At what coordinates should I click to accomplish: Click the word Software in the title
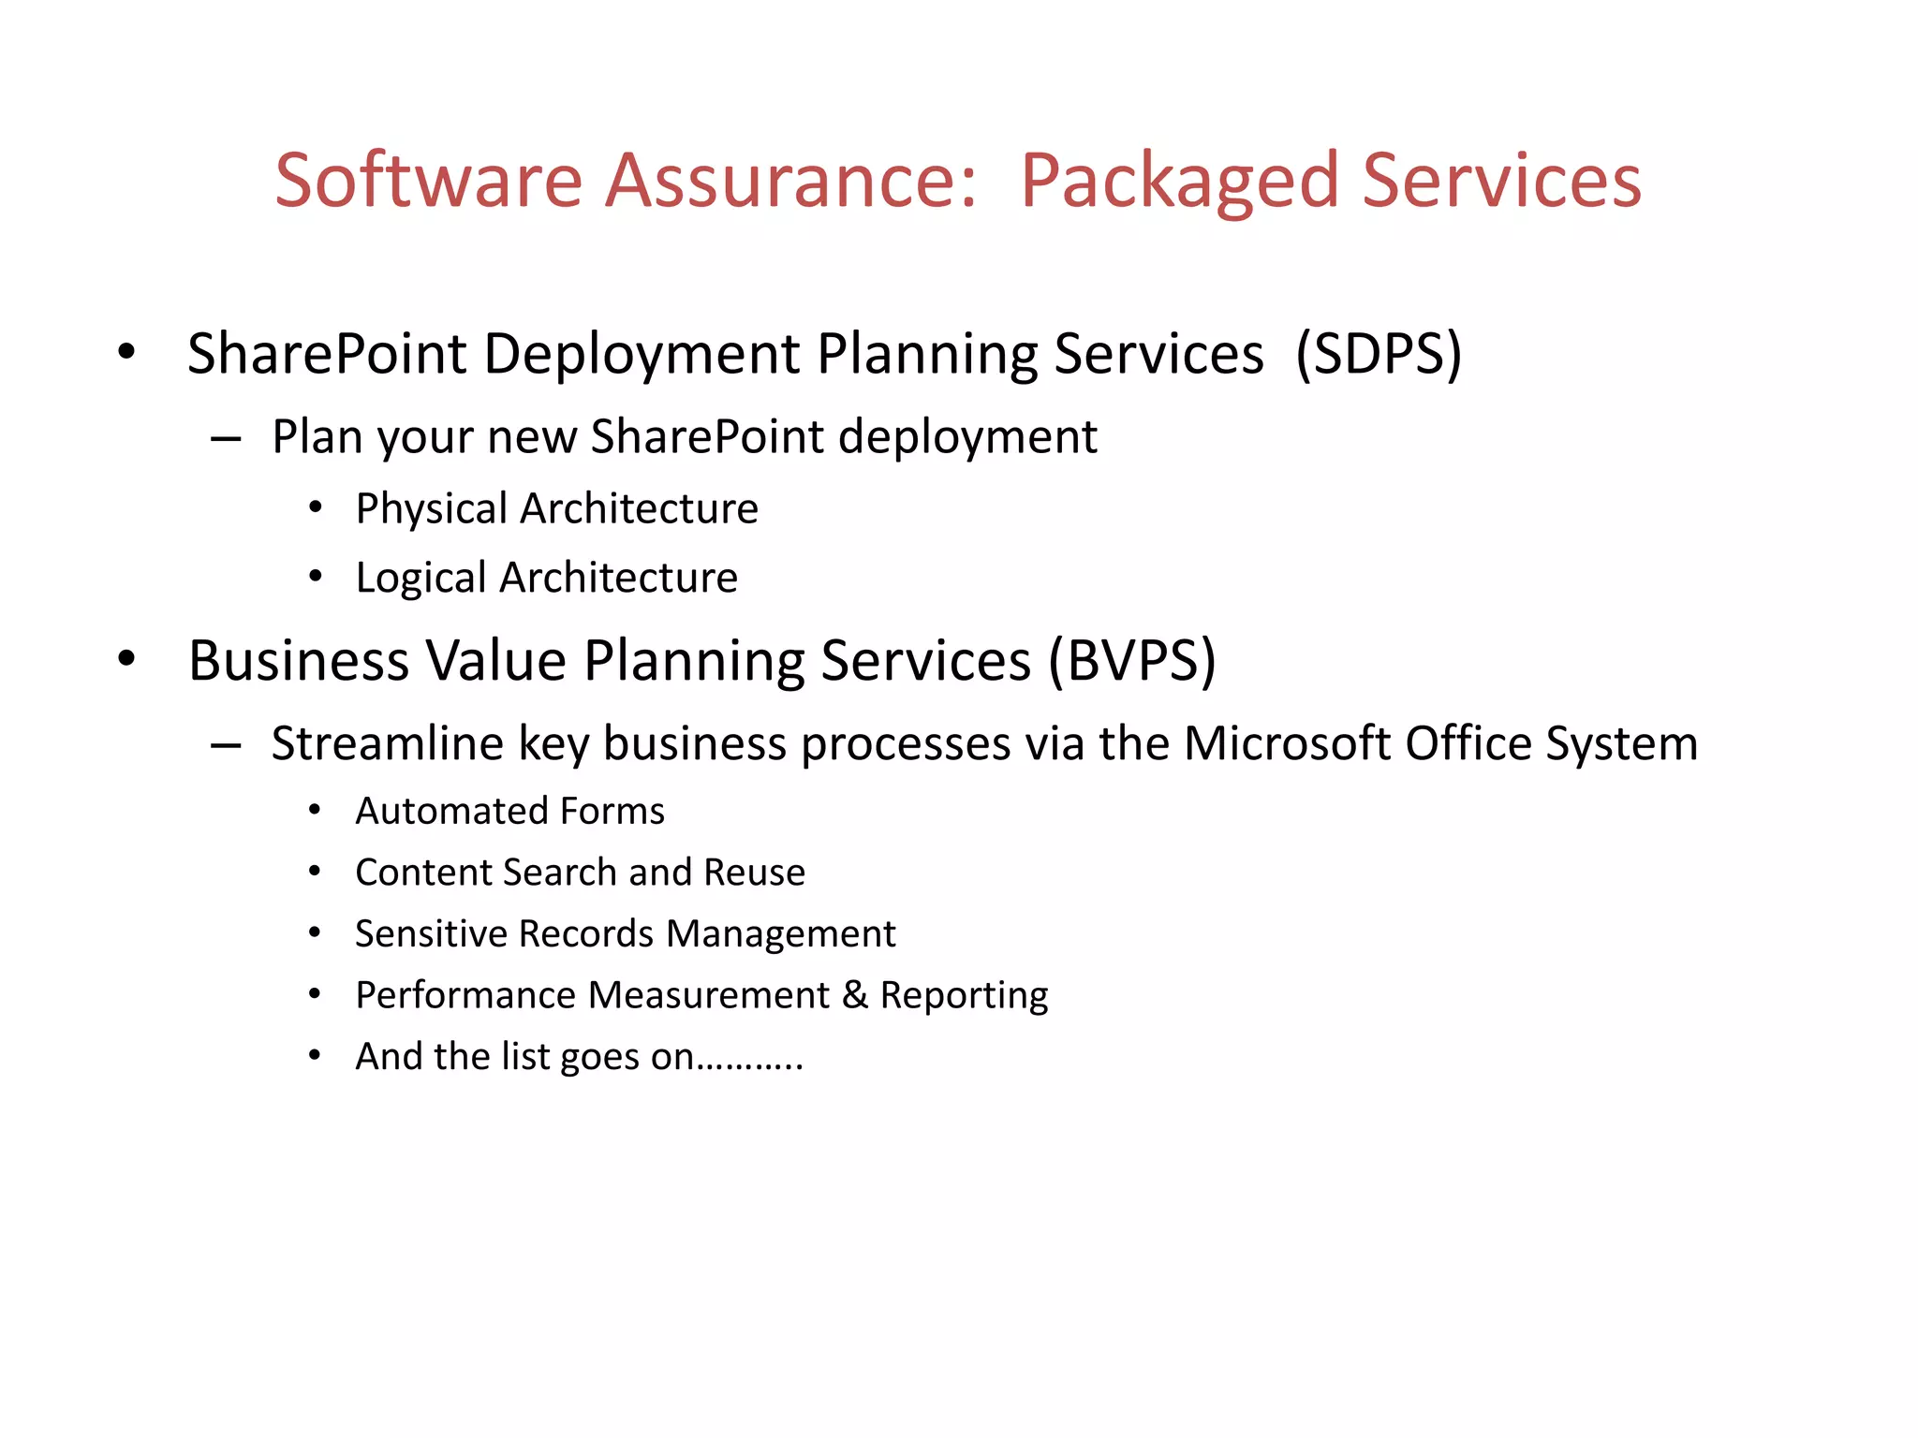(x=428, y=180)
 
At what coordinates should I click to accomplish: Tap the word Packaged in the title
(x=1179, y=180)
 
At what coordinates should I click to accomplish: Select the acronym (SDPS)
(x=1378, y=354)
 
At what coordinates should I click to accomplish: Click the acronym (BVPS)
(x=1131, y=661)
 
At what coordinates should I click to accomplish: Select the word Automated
(x=443, y=811)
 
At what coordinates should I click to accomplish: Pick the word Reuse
(x=754, y=873)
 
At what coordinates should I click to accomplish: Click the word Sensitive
(x=431, y=933)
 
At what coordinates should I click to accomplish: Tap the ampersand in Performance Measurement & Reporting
(x=854, y=995)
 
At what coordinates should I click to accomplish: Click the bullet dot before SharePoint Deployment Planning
(x=126, y=354)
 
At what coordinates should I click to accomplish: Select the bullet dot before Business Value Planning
(x=126, y=659)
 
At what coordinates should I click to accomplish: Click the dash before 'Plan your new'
(x=226, y=439)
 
